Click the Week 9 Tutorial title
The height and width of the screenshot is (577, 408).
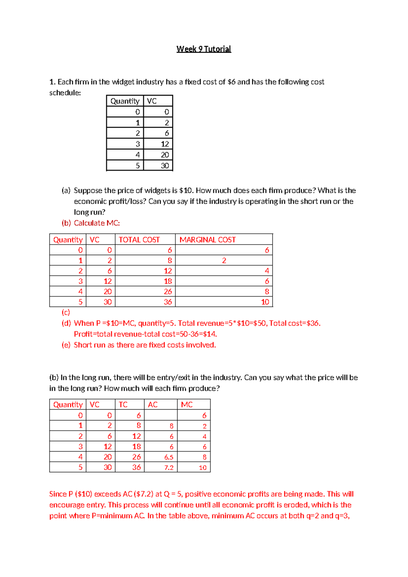point(204,49)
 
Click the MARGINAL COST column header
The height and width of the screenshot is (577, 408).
point(207,240)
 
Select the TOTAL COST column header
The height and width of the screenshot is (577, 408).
point(139,240)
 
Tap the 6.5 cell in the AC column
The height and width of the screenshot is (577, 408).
point(169,457)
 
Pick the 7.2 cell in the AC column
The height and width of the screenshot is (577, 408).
point(169,468)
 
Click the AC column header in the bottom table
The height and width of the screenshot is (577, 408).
point(153,405)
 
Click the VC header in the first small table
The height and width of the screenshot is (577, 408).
point(152,101)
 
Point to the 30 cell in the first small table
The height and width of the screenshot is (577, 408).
point(165,166)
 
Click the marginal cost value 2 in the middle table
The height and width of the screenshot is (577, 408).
point(224,261)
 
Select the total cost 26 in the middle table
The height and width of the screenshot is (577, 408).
point(168,292)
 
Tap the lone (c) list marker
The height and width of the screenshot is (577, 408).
point(66,312)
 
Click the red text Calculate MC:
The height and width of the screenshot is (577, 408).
point(97,223)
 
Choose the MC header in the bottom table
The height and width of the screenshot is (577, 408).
point(187,405)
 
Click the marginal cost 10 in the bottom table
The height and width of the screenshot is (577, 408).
point(203,468)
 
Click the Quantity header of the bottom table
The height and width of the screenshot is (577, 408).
point(68,405)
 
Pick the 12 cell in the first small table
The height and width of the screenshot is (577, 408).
point(165,144)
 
